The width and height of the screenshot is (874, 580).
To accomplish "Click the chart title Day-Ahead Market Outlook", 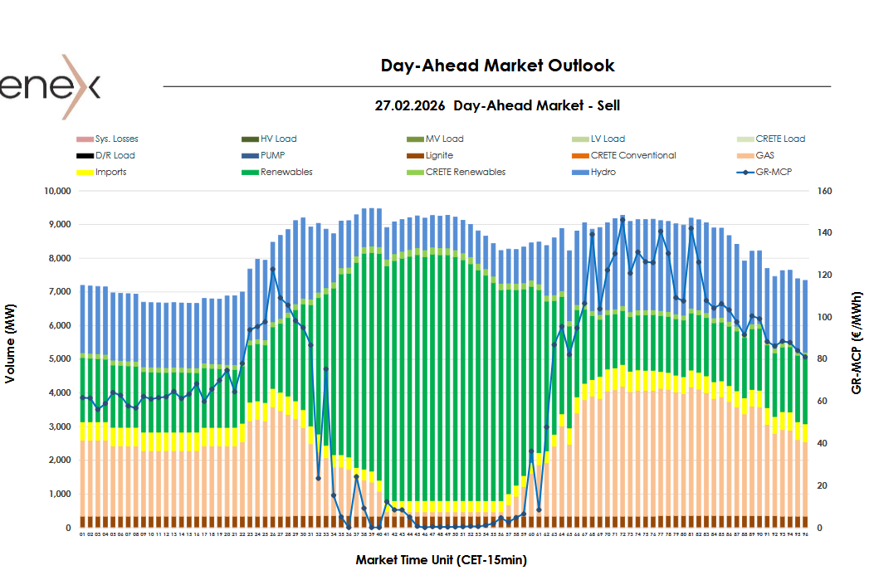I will click(x=497, y=66).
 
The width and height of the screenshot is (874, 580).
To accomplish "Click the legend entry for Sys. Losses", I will click(x=116, y=139).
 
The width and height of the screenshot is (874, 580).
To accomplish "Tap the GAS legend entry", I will click(x=764, y=155).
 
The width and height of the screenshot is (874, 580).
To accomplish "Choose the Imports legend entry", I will click(x=110, y=172).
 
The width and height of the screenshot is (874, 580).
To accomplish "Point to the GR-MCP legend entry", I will click(x=774, y=172).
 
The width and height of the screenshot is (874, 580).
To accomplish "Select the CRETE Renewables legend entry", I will click(x=465, y=172).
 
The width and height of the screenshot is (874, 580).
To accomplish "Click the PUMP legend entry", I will click(x=273, y=155).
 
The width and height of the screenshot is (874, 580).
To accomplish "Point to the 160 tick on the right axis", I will click(x=825, y=191).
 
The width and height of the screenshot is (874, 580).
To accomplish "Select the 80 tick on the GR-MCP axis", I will click(x=823, y=359).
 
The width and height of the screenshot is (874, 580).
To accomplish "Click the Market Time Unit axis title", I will click(x=441, y=560).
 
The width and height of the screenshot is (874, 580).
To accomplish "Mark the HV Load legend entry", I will click(x=278, y=139).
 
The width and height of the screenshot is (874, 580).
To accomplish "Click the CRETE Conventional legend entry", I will click(x=633, y=155).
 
